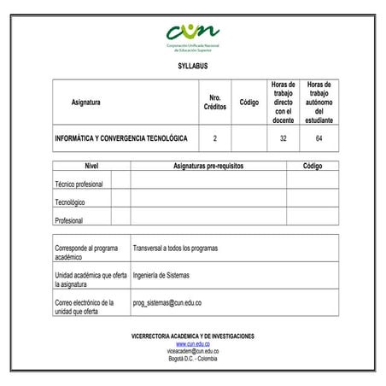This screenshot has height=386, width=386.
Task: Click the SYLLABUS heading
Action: pyautogui.click(x=193, y=66)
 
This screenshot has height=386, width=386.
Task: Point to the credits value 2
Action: pyautogui.click(x=215, y=137)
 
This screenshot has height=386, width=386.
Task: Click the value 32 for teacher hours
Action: pyautogui.click(x=283, y=137)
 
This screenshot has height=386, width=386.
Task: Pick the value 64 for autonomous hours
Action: pyautogui.click(x=319, y=137)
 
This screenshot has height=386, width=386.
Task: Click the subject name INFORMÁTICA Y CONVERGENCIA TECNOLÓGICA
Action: pyautogui.click(x=120, y=137)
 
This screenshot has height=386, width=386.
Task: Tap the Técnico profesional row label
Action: pyautogui.click(x=79, y=184)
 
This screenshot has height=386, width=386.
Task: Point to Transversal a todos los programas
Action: pyautogui.click(x=176, y=249)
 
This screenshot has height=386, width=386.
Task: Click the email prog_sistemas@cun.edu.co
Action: pyautogui.click(x=167, y=302)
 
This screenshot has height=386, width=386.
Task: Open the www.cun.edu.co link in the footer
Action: pyautogui.click(x=193, y=343)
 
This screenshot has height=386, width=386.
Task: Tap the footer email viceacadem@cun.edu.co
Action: pyautogui.click(x=193, y=350)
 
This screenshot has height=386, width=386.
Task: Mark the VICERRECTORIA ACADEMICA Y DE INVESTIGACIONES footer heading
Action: pyautogui.click(x=193, y=336)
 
